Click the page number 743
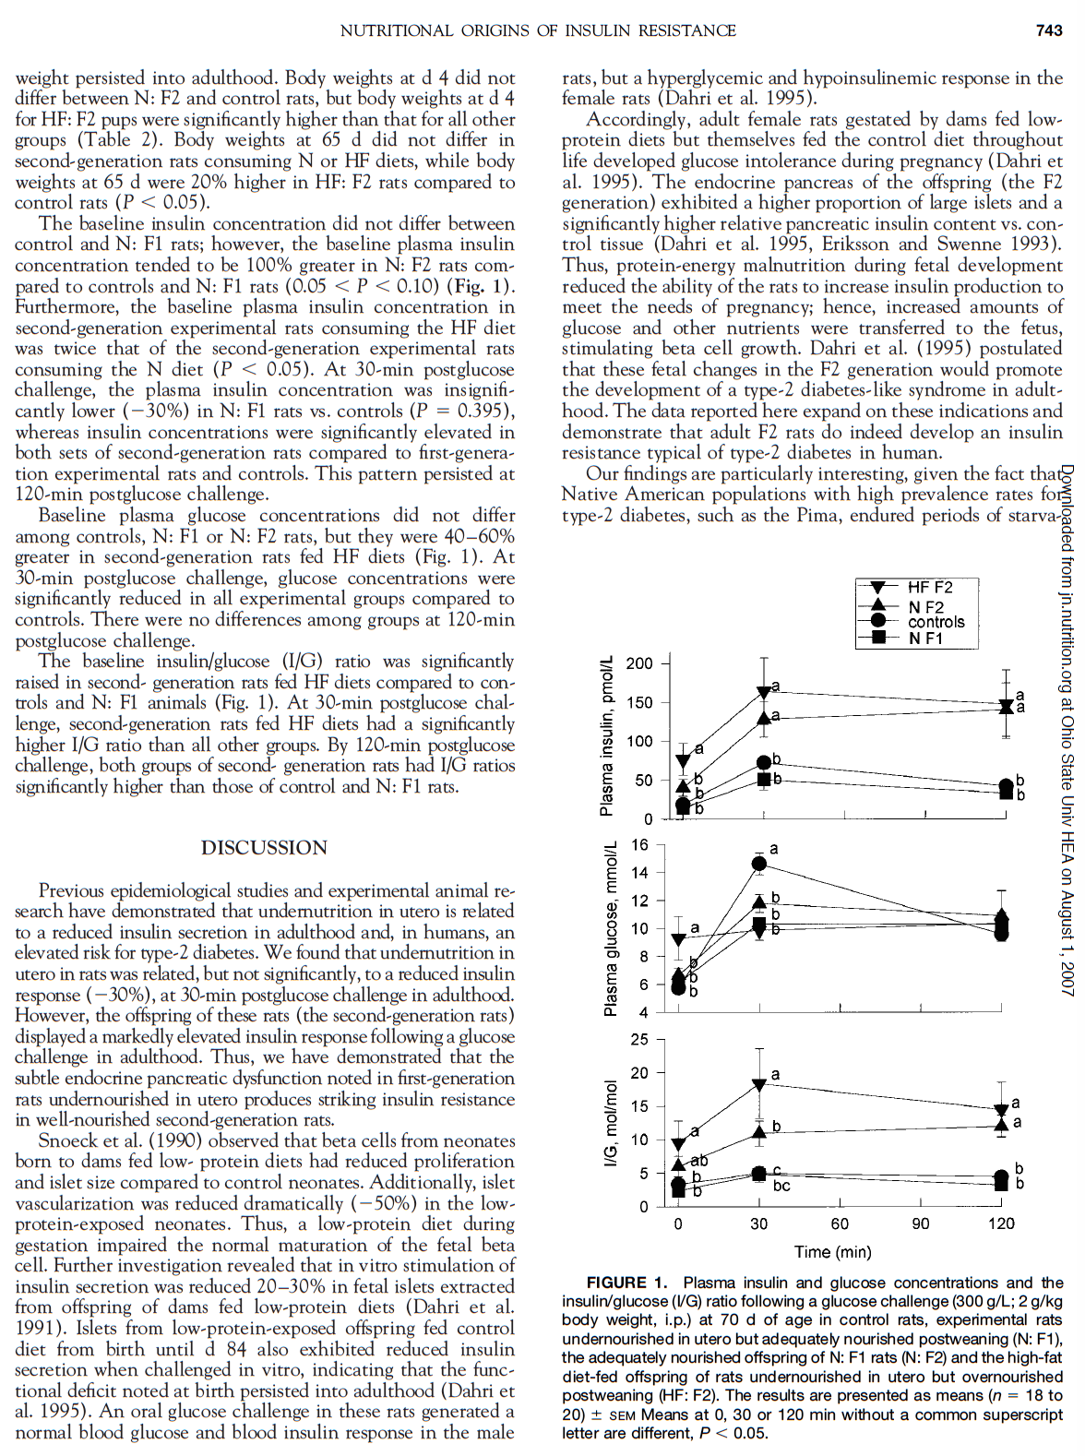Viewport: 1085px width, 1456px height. (x=1049, y=30)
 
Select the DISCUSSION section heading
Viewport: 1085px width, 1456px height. (x=264, y=848)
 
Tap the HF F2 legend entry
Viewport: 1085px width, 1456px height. (x=929, y=587)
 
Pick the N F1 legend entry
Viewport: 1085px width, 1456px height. (x=925, y=638)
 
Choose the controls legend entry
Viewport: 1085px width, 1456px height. (x=936, y=622)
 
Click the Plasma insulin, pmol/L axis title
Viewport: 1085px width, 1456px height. (x=607, y=736)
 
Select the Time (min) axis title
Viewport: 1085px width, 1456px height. (x=832, y=1251)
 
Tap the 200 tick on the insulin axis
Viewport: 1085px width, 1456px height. (x=638, y=663)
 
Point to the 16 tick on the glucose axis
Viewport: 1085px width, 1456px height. (x=639, y=845)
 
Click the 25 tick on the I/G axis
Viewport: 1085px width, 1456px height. (x=639, y=1040)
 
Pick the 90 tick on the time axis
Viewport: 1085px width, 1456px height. (x=921, y=1223)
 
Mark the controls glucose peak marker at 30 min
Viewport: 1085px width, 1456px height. (x=759, y=864)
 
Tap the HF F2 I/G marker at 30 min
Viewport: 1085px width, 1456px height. (x=759, y=1085)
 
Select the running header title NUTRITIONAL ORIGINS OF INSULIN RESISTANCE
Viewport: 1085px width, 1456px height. (x=538, y=30)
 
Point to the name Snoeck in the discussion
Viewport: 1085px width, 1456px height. (x=68, y=1140)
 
